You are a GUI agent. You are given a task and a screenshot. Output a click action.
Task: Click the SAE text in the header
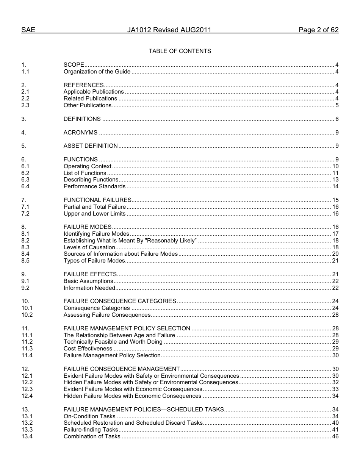(x=28, y=30)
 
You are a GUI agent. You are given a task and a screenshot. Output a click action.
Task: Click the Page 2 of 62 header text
(x=318, y=30)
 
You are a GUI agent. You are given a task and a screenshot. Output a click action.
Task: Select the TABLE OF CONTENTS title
(x=180, y=51)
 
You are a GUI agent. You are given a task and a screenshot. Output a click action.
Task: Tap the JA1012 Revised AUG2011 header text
(x=169, y=30)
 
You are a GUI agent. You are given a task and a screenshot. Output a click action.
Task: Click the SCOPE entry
(x=74, y=65)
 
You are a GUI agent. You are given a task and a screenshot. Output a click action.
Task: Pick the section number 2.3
(x=25, y=105)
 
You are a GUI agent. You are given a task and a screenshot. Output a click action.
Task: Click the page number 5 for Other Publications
(x=337, y=105)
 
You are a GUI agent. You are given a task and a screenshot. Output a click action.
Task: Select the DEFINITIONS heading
(x=82, y=119)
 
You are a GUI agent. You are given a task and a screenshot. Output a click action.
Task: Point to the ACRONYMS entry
(x=80, y=133)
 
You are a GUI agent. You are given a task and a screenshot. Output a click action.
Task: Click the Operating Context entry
(x=87, y=166)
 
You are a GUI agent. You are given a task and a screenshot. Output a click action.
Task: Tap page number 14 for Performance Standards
(x=335, y=186)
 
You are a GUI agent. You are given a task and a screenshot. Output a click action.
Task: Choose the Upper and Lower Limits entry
(x=94, y=214)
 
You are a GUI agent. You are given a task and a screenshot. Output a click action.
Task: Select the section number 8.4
(x=25, y=254)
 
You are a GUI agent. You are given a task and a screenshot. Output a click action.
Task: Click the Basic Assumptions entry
(x=88, y=281)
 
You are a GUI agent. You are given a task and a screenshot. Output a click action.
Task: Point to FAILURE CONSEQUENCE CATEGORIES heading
(x=120, y=301)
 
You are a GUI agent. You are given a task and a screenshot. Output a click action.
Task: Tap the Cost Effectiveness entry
(x=88, y=349)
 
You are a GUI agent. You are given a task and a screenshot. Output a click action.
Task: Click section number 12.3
(x=27, y=389)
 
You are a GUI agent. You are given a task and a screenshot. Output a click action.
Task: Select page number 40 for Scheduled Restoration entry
(x=335, y=423)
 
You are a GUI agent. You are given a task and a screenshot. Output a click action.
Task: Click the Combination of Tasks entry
(x=92, y=436)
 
